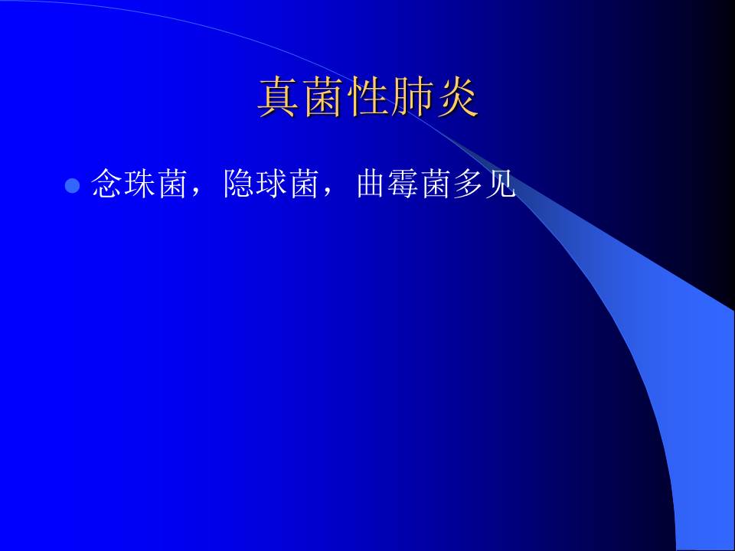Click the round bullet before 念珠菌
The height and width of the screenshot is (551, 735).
(72, 187)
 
